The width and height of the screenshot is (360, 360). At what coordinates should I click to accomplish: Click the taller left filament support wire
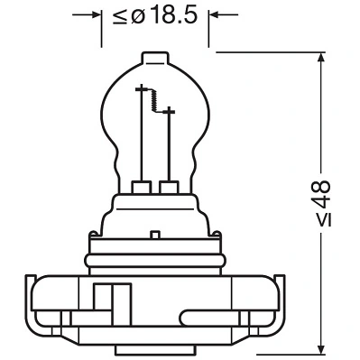pos(141,135)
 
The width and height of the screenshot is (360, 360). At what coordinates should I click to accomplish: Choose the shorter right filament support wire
pos(169,144)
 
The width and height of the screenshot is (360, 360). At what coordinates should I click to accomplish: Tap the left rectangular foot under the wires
pos(142,188)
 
